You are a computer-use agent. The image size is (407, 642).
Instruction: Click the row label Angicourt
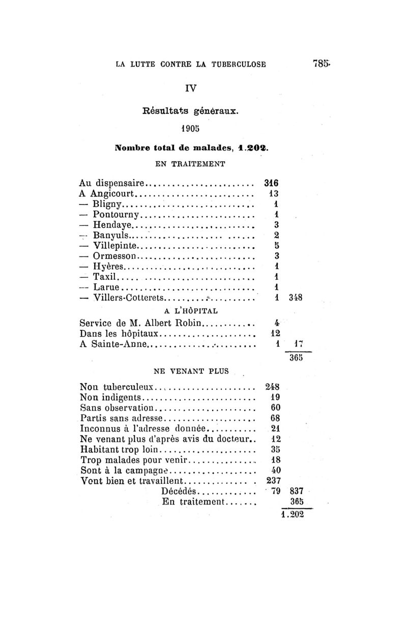(112, 193)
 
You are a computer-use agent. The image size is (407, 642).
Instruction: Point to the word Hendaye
(112, 224)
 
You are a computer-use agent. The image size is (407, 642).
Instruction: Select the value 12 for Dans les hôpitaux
(275, 334)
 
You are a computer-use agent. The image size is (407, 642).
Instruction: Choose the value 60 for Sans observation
(275, 407)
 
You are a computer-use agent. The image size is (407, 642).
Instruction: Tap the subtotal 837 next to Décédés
(296, 491)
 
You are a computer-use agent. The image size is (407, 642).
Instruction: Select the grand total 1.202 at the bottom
(293, 514)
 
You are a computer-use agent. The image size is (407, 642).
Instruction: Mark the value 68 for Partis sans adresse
(275, 418)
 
